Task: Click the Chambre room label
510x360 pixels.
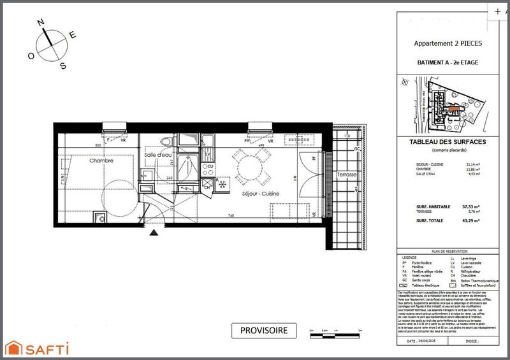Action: pyautogui.click(x=101, y=161)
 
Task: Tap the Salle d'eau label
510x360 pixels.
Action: pyautogui.click(x=157, y=155)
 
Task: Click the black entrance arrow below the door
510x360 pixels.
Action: pyautogui.click(x=154, y=233)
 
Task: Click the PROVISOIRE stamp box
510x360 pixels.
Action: pyautogui.click(x=264, y=330)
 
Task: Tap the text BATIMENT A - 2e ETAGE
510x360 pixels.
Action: pyautogui.click(x=447, y=62)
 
